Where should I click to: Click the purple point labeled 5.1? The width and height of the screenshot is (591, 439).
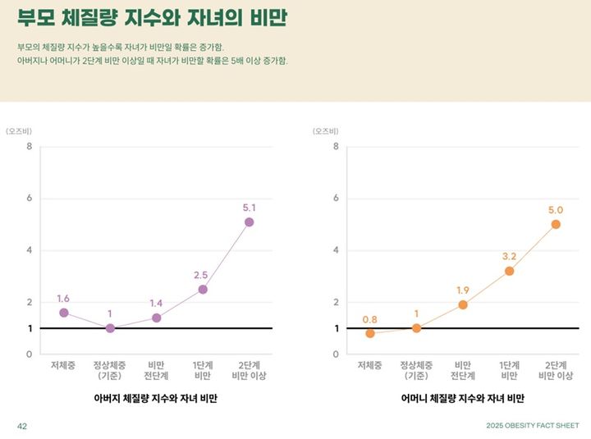(x=249, y=222)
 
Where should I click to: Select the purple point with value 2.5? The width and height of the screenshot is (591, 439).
(x=203, y=289)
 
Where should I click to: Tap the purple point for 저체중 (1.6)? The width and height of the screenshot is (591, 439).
(x=64, y=313)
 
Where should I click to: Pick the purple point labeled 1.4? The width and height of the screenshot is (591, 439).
(x=156, y=318)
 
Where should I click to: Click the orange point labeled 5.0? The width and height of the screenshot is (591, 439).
(x=556, y=224)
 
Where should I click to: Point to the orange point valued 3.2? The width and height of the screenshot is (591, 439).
(x=509, y=271)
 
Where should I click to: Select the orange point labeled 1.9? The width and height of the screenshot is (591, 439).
(x=463, y=304)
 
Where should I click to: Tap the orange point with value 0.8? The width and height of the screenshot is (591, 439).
(x=370, y=333)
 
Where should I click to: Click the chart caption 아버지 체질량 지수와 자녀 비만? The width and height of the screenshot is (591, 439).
(x=156, y=398)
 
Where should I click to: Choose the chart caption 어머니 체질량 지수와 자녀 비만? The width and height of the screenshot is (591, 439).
(x=463, y=398)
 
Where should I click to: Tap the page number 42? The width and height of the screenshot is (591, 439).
(x=23, y=426)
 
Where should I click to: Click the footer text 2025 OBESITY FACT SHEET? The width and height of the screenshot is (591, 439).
(x=532, y=426)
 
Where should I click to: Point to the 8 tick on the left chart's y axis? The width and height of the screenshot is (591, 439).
(x=29, y=147)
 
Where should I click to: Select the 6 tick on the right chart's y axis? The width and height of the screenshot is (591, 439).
(x=336, y=199)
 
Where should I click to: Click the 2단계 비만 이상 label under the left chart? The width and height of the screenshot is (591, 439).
(x=249, y=370)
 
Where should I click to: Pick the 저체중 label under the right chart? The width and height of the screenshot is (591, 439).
(x=370, y=365)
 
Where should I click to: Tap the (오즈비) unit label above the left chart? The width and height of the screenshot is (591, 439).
(x=20, y=130)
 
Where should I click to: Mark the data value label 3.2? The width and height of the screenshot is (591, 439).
(x=509, y=256)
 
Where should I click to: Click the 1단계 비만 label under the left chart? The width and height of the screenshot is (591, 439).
(x=203, y=370)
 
